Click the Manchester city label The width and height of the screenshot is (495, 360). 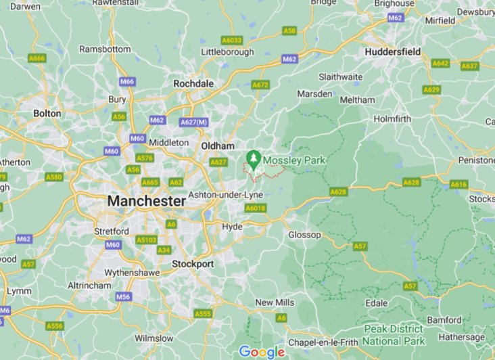coord(145,202)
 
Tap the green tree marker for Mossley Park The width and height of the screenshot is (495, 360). coord(254,160)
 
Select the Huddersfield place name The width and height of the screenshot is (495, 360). coord(392,51)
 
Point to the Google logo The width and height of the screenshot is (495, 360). coord(262,352)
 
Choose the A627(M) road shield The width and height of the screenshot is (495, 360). coord(193,122)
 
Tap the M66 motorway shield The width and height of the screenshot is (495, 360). coord(127,82)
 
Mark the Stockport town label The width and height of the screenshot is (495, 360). coord(193,263)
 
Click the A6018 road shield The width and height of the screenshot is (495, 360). coord(256,208)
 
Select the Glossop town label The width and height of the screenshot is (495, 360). coord(304,235)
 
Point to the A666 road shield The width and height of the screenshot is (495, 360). coord(37,58)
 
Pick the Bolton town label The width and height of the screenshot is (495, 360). coord(47,114)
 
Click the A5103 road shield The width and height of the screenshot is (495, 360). coord(146,239)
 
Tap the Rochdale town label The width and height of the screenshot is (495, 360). coord(193,83)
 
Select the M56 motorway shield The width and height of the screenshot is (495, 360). coord(123,296)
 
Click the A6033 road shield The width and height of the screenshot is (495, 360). coord(231,40)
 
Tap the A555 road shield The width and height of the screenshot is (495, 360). coord(202,314)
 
